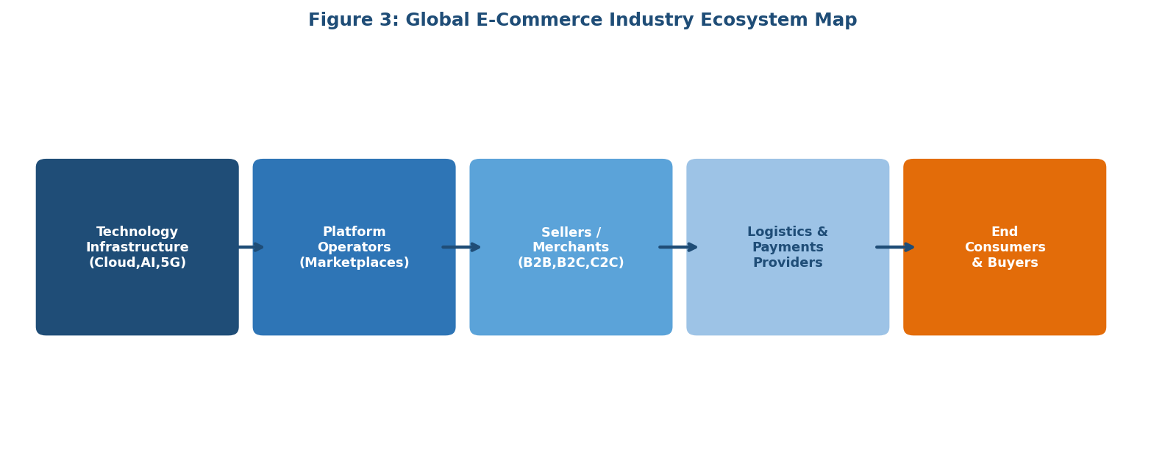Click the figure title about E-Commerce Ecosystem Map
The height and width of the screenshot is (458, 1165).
[x=582, y=21]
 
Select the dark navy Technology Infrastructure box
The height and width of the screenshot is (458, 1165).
[x=137, y=301]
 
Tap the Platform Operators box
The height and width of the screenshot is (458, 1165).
[x=354, y=301]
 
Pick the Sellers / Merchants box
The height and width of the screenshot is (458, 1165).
[x=571, y=301]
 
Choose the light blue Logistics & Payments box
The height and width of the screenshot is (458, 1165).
[x=787, y=301]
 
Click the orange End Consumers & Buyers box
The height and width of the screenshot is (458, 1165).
[x=1004, y=301]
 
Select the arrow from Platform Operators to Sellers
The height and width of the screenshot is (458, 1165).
[x=462, y=247]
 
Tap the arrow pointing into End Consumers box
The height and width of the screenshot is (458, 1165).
[x=896, y=247]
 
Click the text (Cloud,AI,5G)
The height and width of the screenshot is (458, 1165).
[x=138, y=263]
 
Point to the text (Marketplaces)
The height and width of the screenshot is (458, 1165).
[x=354, y=263]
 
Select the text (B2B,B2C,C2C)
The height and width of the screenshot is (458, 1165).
[x=571, y=263]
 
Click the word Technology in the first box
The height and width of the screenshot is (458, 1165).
[x=138, y=232]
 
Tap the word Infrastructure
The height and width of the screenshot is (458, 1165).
[x=138, y=248]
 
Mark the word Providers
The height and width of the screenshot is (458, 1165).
[x=787, y=263]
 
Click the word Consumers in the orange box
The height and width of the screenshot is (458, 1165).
[x=1005, y=248]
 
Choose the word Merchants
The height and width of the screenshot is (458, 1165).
[x=571, y=248]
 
